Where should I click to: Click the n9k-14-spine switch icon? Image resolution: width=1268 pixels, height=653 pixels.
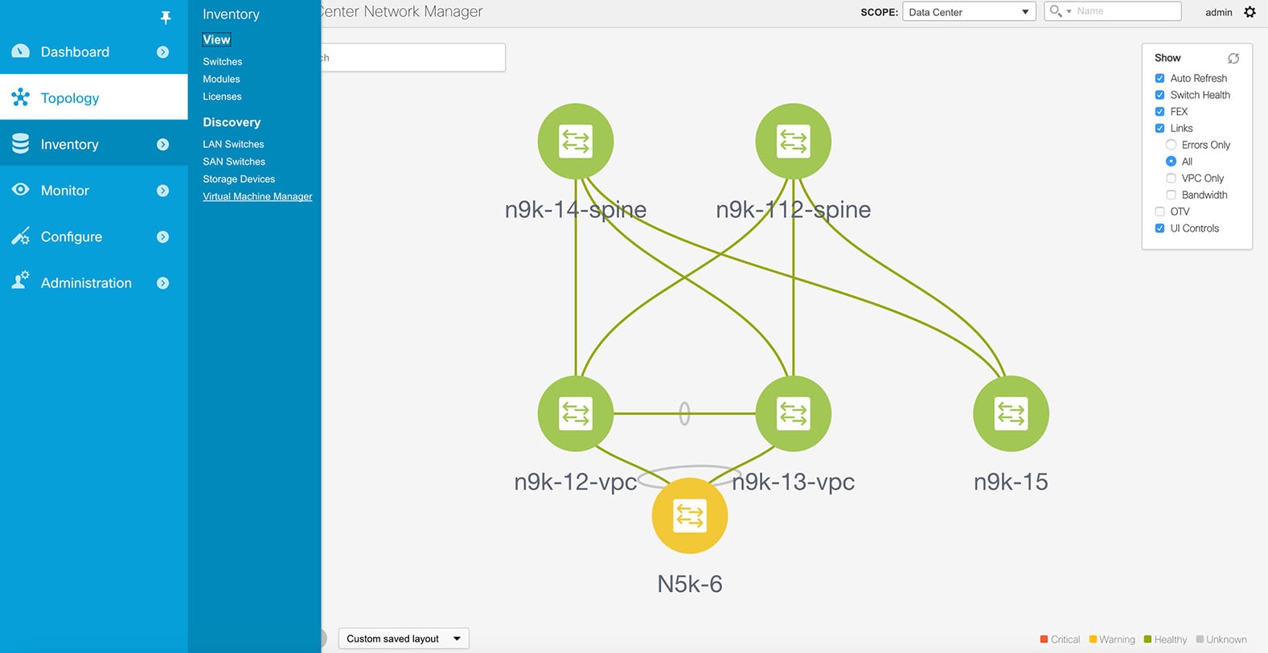(x=575, y=142)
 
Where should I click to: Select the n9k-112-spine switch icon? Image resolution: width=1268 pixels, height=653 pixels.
(x=793, y=142)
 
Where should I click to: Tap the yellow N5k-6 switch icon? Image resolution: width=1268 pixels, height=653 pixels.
(x=689, y=515)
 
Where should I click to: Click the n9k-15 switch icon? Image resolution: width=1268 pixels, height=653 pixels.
(x=1011, y=413)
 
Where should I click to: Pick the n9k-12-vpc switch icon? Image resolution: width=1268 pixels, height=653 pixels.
(x=575, y=413)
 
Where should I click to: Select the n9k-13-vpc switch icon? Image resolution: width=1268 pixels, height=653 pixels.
(x=793, y=413)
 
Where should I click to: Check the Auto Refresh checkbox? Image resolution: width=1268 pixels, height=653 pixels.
(x=1159, y=78)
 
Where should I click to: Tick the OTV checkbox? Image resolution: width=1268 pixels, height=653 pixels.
(x=1159, y=212)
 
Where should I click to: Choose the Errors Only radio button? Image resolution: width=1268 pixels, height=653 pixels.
(x=1171, y=145)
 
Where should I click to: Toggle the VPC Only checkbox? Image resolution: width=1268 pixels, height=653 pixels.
(x=1171, y=179)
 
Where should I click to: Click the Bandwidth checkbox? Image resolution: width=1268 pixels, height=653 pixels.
(x=1171, y=195)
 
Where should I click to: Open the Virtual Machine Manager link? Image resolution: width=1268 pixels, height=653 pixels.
(x=257, y=196)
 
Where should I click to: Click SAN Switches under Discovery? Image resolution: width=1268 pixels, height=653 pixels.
(x=234, y=162)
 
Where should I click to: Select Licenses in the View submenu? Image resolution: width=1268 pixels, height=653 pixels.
(x=222, y=97)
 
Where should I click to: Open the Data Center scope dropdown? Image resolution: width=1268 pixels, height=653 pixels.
(x=968, y=12)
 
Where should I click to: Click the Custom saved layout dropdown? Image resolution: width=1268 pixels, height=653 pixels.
(x=403, y=639)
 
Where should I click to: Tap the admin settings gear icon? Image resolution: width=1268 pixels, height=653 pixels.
(x=1250, y=12)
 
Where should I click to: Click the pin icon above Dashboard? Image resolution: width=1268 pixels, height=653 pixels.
(x=166, y=17)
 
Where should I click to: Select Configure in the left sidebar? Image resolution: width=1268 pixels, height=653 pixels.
(x=72, y=236)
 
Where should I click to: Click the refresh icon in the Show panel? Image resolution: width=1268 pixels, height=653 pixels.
(x=1233, y=58)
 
